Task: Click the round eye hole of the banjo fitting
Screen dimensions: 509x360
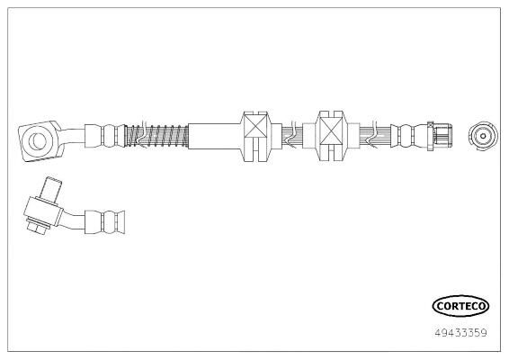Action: [x=40, y=140]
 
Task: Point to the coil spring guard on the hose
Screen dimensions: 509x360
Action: [x=156, y=136]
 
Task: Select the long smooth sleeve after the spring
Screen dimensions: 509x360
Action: [x=215, y=136]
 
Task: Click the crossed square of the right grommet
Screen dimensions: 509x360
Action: [x=332, y=130]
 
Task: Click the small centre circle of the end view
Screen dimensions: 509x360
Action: [x=483, y=136]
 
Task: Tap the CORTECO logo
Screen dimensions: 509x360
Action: [x=460, y=306]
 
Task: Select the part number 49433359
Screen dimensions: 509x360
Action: [x=460, y=333]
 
